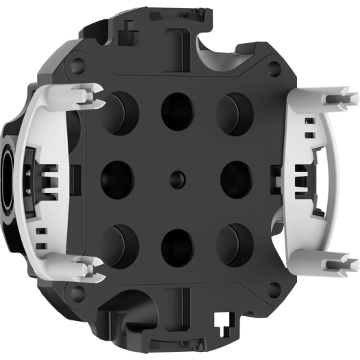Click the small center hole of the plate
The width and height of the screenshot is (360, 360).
click(x=177, y=177)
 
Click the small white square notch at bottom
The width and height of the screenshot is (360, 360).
click(x=222, y=319)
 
